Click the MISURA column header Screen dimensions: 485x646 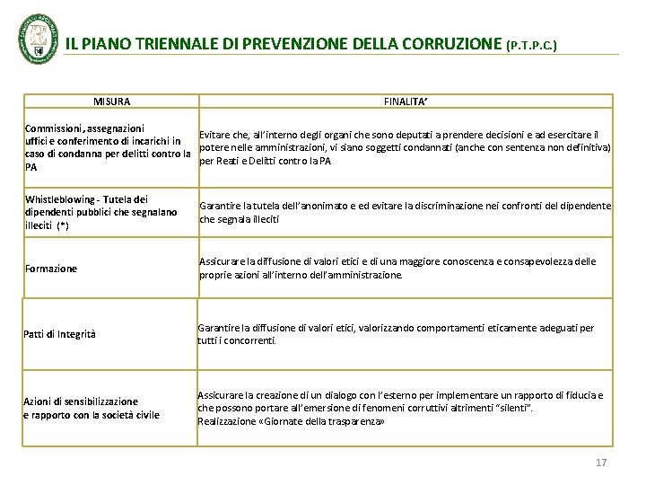pos(111,102)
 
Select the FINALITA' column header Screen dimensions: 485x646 pos(406,102)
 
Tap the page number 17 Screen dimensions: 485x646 pos(601,463)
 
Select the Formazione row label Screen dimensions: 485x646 pos(51,269)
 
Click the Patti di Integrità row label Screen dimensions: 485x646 pos(59,335)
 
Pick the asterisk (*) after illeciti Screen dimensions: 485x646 pos(62,225)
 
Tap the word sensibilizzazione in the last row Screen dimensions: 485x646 pos(99,401)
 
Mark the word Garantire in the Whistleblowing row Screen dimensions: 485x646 pos(219,206)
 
